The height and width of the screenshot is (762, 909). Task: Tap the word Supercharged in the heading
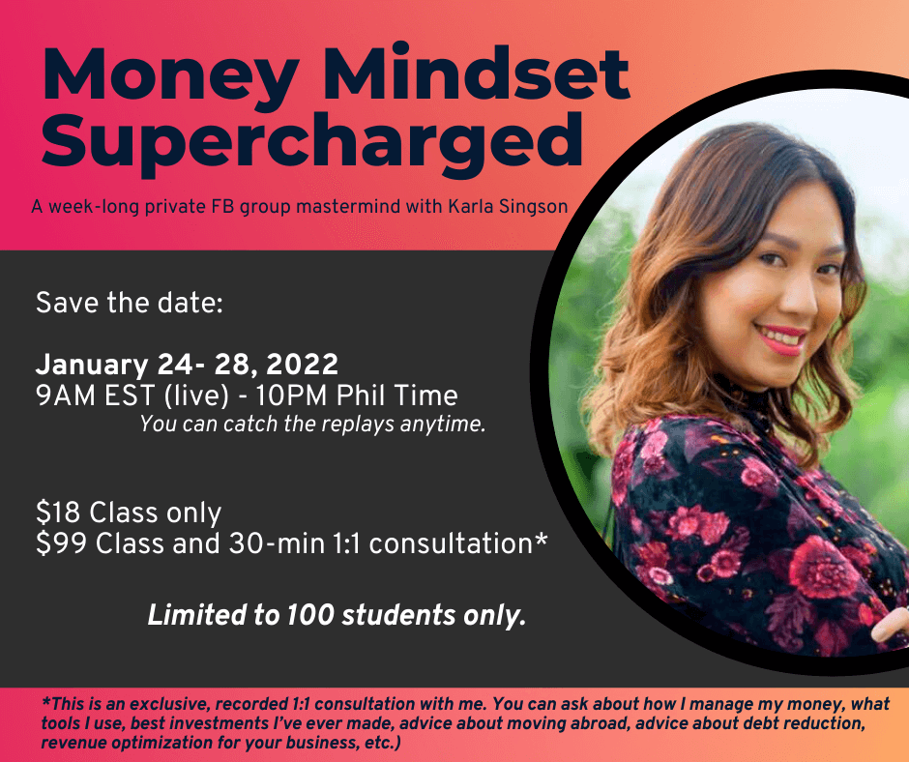tap(312, 143)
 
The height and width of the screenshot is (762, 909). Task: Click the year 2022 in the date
tap(302, 365)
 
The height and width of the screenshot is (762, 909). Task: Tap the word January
tap(92, 366)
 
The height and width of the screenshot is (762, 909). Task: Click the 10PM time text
tap(292, 396)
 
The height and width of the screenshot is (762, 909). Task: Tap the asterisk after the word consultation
tap(541, 539)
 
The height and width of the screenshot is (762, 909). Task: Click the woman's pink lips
tap(782, 338)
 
